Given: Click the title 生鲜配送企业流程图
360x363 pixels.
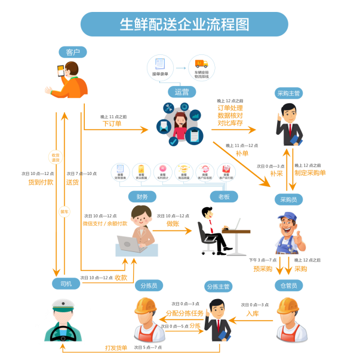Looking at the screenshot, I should [184, 24].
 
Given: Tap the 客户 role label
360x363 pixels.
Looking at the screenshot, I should [73, 53].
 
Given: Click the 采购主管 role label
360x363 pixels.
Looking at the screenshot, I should [289, 93].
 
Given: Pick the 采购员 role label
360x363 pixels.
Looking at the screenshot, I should [289, 199].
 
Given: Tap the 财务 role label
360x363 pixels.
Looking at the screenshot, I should [142, 196].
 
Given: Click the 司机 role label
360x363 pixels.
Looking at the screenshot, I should [66, 284].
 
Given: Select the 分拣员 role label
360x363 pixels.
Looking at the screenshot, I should [148, 286].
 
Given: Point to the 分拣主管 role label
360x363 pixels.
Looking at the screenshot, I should [219, 287].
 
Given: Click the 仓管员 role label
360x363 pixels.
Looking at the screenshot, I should [288, 286].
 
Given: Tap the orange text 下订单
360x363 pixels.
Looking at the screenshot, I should [112, 124].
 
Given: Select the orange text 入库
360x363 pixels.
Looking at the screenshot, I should [252, 313].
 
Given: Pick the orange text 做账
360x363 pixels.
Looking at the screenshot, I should [173, 223].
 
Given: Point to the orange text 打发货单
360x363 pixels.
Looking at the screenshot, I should [116, 347].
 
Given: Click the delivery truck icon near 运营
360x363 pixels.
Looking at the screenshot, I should [201, 64].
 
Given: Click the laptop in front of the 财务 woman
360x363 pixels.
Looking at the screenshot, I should [130, 244].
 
